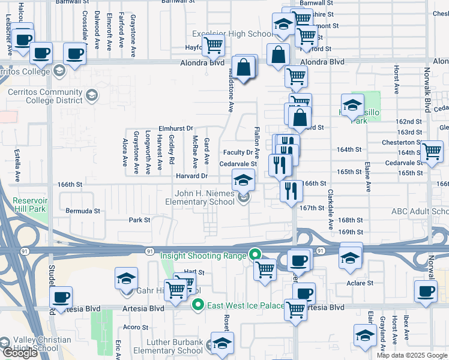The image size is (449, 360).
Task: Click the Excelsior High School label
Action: click(x=232, y=34)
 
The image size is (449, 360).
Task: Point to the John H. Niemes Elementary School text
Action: click(x=204, y=197)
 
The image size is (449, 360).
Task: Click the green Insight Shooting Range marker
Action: click(x=255, y=254)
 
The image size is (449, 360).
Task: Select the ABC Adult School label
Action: click(x=419, y=211)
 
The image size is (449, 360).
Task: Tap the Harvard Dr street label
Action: click(x=192, y=176)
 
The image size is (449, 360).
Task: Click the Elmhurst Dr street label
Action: click(x=175, y=128)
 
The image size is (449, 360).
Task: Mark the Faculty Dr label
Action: click(x=238, y=152)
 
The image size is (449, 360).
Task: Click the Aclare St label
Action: click(x=360, y=283)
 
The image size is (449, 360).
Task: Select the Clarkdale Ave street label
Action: click(x=331, y=210)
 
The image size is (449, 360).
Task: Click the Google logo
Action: click(x=20, y=353)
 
